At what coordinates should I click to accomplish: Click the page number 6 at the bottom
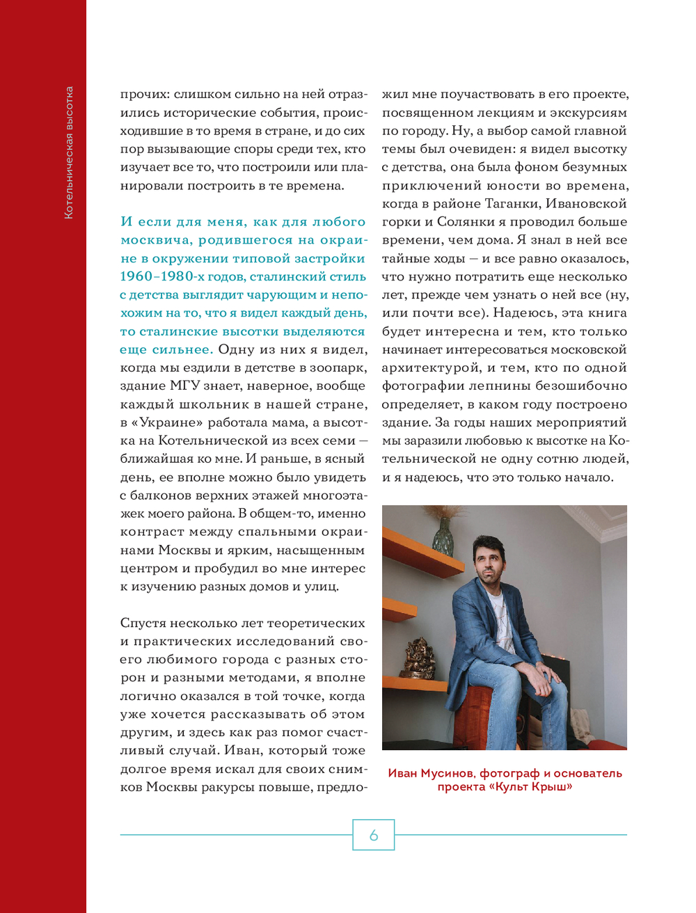tap(374, 835)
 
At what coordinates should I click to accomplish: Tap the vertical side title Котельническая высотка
tap(68, 152)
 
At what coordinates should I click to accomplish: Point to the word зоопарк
tap(340, 367)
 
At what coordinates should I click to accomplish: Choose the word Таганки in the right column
tap(509, 203)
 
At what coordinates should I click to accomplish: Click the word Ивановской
tap(586, 203)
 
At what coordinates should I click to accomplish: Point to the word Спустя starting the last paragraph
tap(145, 623)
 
